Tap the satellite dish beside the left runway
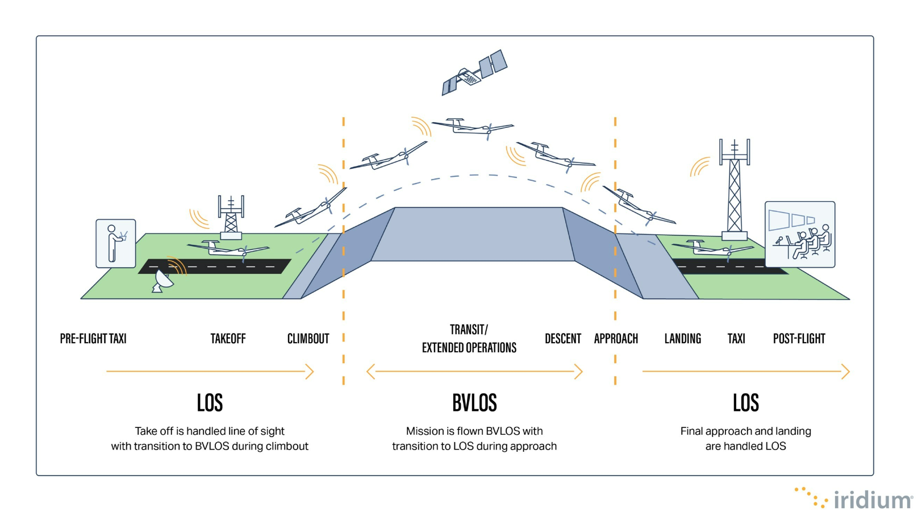(163, 281)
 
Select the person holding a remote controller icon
(116, 244)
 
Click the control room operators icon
(800, 234)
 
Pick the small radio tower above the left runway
(231, 217)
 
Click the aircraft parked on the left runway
(227, 249)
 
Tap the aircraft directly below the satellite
(472, 127)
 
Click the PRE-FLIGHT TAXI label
(93, 339)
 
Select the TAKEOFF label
(228, 339)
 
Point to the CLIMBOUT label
(308, 339)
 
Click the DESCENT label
(562, 339)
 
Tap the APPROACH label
(616, 339)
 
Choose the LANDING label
(682, 339)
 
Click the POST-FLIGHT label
(799, 339)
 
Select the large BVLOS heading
(474, 403)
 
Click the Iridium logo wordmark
(872, 500)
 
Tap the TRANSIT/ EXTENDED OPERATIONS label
(469, 339)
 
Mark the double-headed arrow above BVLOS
(474, 372)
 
